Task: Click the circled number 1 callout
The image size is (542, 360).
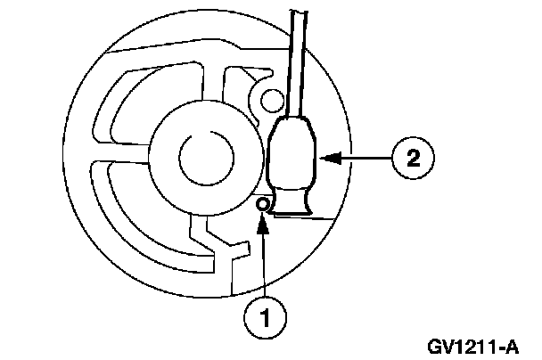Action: (x=262, y=316)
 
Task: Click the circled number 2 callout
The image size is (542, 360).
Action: (x=413, y=159)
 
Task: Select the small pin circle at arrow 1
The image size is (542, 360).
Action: (x=263, y=205)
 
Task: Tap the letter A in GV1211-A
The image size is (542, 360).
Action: (x=513, y=343)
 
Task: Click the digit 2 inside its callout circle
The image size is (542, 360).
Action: (x=413, y=159)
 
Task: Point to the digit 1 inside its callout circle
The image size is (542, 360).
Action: (x=262, y=316)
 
